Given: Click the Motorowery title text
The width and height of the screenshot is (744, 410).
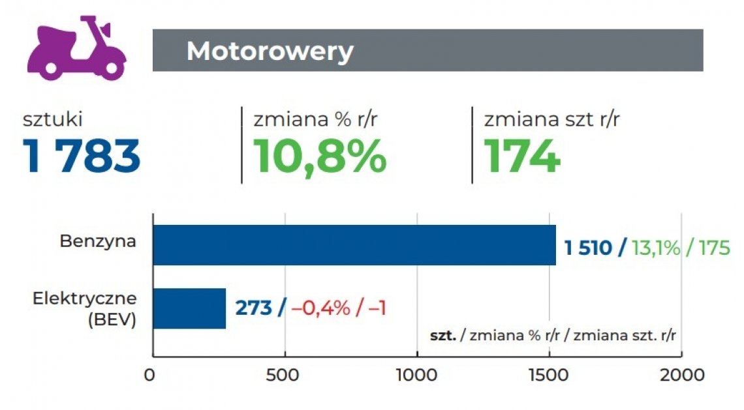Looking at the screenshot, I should click(270, 51).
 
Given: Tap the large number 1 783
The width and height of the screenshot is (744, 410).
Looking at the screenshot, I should click(82, 156).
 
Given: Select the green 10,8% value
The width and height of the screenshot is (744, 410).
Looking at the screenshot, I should click(319, 156).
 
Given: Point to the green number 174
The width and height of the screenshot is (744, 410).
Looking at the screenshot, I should click(522, 156).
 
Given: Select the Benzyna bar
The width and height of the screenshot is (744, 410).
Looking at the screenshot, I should click(354, 245).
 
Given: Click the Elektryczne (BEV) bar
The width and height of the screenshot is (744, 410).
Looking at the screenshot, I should click(189, 308).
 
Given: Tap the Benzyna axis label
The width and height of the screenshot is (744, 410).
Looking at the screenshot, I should click(98, 241).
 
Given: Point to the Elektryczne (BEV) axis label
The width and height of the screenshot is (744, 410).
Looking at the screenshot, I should click(85, 309).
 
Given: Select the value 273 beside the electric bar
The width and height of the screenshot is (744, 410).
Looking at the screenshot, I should click(253, 308).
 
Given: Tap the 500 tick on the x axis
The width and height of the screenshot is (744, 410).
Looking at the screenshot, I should click(285, 375).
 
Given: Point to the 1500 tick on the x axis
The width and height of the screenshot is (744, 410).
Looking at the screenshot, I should click(549, 375).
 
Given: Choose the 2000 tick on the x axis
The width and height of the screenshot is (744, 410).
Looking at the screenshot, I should click(681, 375).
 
